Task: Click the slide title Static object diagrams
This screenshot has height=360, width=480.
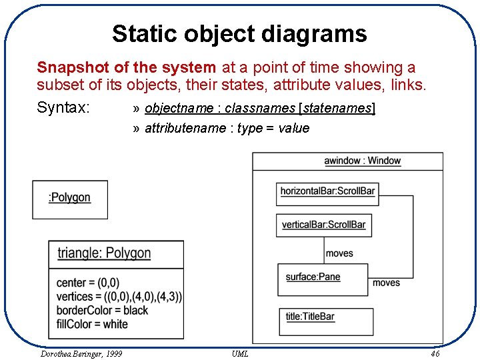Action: point(239,33)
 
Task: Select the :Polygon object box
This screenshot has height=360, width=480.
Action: point(70,199)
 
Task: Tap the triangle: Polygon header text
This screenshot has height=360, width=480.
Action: point(104,253)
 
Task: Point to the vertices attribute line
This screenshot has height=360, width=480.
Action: point(119,296)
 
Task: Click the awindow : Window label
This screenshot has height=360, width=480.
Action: point(362,161)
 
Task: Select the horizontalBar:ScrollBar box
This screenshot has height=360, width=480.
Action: point(327,192)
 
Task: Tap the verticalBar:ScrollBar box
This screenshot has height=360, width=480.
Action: point(323,225)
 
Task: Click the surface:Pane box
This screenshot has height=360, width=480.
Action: point(323,279)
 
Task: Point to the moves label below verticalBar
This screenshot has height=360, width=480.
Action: point(339,253)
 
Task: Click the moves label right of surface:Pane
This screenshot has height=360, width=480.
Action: point(386,283)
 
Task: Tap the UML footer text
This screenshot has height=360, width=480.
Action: point(240,353)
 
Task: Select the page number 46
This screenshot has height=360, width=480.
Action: point(435,353)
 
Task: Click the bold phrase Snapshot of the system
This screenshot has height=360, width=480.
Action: point(126,67)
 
